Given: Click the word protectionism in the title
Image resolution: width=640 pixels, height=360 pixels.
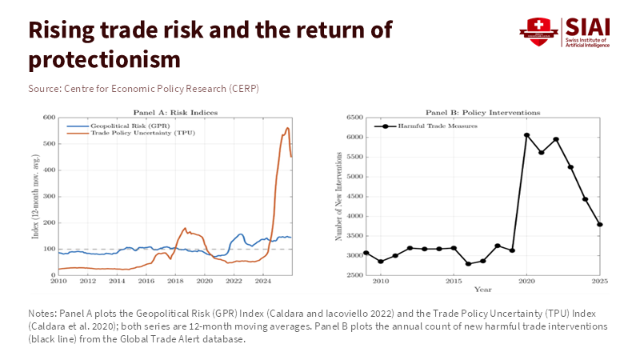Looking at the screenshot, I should point(104,60).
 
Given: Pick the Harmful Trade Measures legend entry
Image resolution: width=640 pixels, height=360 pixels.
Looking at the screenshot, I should point(429,126).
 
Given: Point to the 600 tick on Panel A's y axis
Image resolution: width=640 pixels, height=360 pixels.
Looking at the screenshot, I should point(48,118).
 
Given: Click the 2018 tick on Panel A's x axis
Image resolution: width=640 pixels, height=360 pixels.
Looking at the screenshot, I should point(175,282).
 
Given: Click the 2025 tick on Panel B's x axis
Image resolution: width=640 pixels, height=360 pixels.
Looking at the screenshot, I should point(599,282).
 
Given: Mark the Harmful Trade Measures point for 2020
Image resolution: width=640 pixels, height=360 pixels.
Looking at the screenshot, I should point(526,135).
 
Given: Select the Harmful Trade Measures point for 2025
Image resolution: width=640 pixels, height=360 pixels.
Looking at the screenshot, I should point(599,224).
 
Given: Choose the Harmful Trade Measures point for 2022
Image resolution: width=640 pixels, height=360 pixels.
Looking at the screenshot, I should point(555,139).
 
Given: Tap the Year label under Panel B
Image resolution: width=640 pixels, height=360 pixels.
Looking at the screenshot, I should point(482,289).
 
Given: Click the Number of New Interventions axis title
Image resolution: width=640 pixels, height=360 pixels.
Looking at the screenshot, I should point(339,196).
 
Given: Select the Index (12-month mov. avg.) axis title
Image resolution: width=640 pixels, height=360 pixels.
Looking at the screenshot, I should point(34,196).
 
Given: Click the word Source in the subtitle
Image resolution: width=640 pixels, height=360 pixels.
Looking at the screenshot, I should point(43,88).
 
